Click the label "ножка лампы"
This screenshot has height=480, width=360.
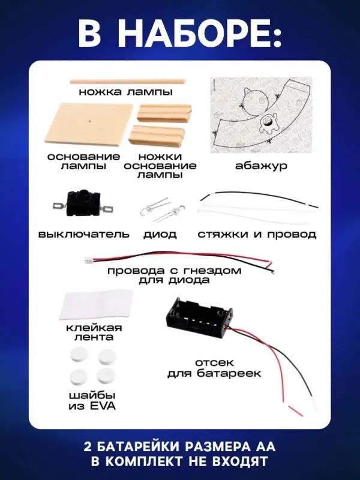tap(125, 92)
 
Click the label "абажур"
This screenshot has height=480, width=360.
tap(261, 165)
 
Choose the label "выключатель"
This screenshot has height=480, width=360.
tap(83, 234)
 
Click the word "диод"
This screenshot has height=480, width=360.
tap(160, 234)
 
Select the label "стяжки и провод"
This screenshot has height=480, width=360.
tap(257, 234)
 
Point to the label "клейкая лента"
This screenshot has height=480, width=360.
tap(94, 332)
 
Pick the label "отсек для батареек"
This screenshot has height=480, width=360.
tap(215, 368)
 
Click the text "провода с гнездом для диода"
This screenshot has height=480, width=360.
tap(174, 275)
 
